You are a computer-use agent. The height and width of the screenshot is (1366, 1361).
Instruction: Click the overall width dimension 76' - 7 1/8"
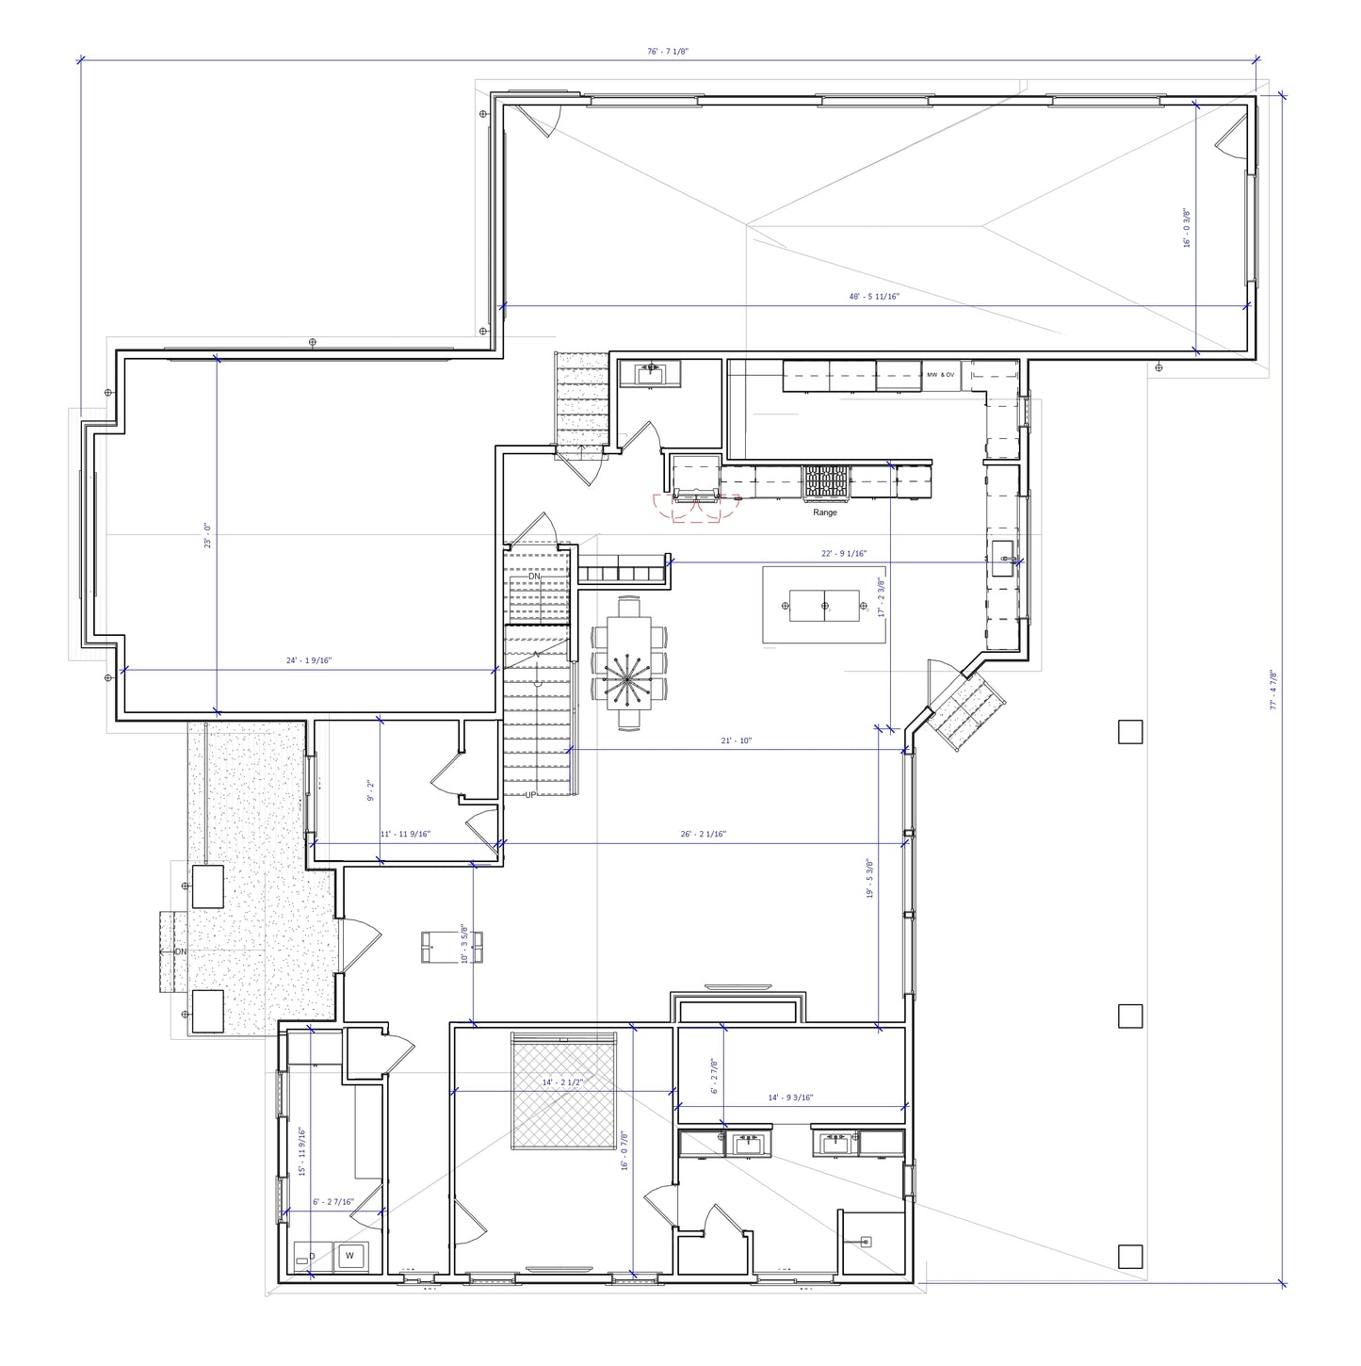[668, 52]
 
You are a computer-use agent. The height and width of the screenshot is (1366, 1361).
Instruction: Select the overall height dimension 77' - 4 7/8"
[1272, 690]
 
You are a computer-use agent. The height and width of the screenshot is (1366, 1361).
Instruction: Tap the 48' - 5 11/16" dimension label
[874, 297]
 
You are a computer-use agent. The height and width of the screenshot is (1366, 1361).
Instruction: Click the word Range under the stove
[824, 512]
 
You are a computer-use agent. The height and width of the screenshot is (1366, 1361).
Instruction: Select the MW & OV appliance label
[940, 375]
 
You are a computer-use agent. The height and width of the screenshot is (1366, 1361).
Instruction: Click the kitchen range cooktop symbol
[825, 482]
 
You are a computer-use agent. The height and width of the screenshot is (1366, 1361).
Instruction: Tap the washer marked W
[350, 1256]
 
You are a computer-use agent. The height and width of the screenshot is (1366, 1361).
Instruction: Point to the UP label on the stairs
[530, 795]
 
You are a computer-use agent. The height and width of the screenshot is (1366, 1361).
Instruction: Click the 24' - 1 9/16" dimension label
[309, 661]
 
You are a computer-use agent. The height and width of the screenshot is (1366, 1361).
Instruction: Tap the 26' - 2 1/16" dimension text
[703, 834]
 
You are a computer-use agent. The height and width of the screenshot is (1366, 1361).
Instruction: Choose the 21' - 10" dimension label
[736, 741]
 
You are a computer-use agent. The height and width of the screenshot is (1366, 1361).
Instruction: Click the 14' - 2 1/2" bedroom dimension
[562, 1083]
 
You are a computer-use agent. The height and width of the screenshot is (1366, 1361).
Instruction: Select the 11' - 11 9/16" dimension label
[405, 834]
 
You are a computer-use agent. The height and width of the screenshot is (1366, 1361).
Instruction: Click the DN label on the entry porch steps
[179, 951]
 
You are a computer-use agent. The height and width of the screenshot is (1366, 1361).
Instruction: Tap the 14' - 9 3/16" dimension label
[790, 1098]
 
